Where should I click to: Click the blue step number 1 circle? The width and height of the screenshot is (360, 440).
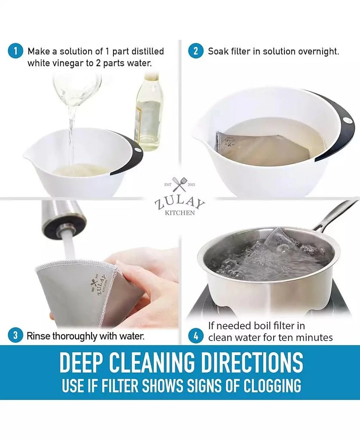pyautogui.click(x=15, y=52)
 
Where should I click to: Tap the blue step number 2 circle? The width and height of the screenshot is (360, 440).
pyautogui.click(x=195, y=52)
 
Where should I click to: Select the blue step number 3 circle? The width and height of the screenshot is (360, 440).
pyautogui.click(x=15, y=336)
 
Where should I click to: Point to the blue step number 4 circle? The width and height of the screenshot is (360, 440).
pyautogui.click(x=195, y=336)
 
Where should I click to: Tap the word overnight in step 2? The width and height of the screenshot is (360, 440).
pyautogui.click(x=318, y=52)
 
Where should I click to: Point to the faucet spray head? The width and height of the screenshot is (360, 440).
pyautogui.click(x=65, y=219)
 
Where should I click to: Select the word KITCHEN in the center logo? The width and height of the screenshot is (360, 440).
pyautogui.click(x=180, y=213)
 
